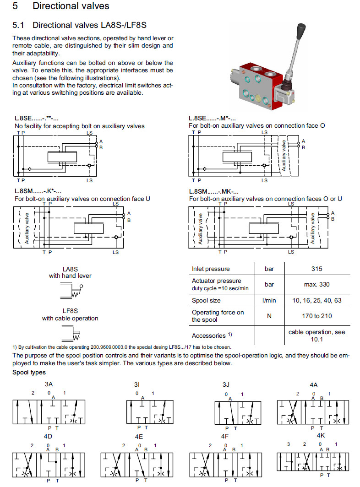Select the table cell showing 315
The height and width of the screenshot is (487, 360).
click(x=316, y=269)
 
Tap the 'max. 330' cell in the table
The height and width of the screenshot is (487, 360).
click(x=316, y=284)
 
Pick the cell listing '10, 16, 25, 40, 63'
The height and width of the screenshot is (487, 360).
click(x=316, y=300)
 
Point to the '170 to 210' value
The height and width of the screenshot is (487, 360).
click(x=316, y=316)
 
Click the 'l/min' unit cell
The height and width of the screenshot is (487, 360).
click(x=269, y=300)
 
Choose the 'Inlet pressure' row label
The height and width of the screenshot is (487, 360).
click(x=211, y=269)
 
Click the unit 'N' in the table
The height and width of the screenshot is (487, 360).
click(x=269, y=316)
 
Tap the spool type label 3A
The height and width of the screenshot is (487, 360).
click(x=49, y=385)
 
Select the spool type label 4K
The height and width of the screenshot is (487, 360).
click(x=321, y=435)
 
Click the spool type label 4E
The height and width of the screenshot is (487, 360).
click(x=139, y=437)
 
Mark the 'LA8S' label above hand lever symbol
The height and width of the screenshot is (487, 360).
click(x=70, y=269)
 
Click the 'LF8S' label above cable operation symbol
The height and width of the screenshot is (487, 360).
click(x=70, y=311)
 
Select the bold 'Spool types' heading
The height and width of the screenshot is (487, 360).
click(x=28, y=373)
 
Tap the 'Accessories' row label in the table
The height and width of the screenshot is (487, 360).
click(x=209, y=335)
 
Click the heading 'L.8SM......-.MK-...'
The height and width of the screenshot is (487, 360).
click(x=214, y=191)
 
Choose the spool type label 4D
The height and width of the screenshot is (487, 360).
click(x=48, y=436)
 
